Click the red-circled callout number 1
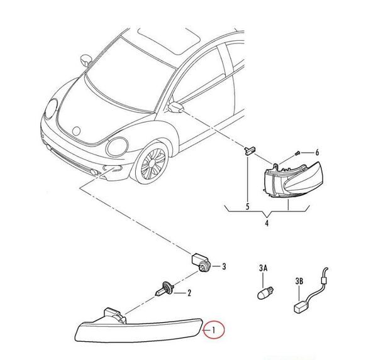click(x=213, y=330)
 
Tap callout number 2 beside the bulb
click(x=189, y=293)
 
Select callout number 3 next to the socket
click(x=224, y=266)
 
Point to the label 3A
click(x=263, y=268)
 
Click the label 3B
click(x=299, y=281)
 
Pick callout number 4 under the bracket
click(x=267, y=223)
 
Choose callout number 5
click(x=248, y=207)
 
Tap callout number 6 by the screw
click(x=317, y=153)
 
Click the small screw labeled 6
click(x=297, y=153)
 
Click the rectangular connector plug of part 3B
click(x=300, y=307)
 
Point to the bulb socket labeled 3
click(x=201, y=263)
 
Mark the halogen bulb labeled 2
click(x=165, y=288)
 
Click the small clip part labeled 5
click(x=250, y=150)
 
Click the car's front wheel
click(x=153, y=163)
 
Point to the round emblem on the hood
click(x=77, y=131)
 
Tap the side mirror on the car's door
click(x=175, y=107)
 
